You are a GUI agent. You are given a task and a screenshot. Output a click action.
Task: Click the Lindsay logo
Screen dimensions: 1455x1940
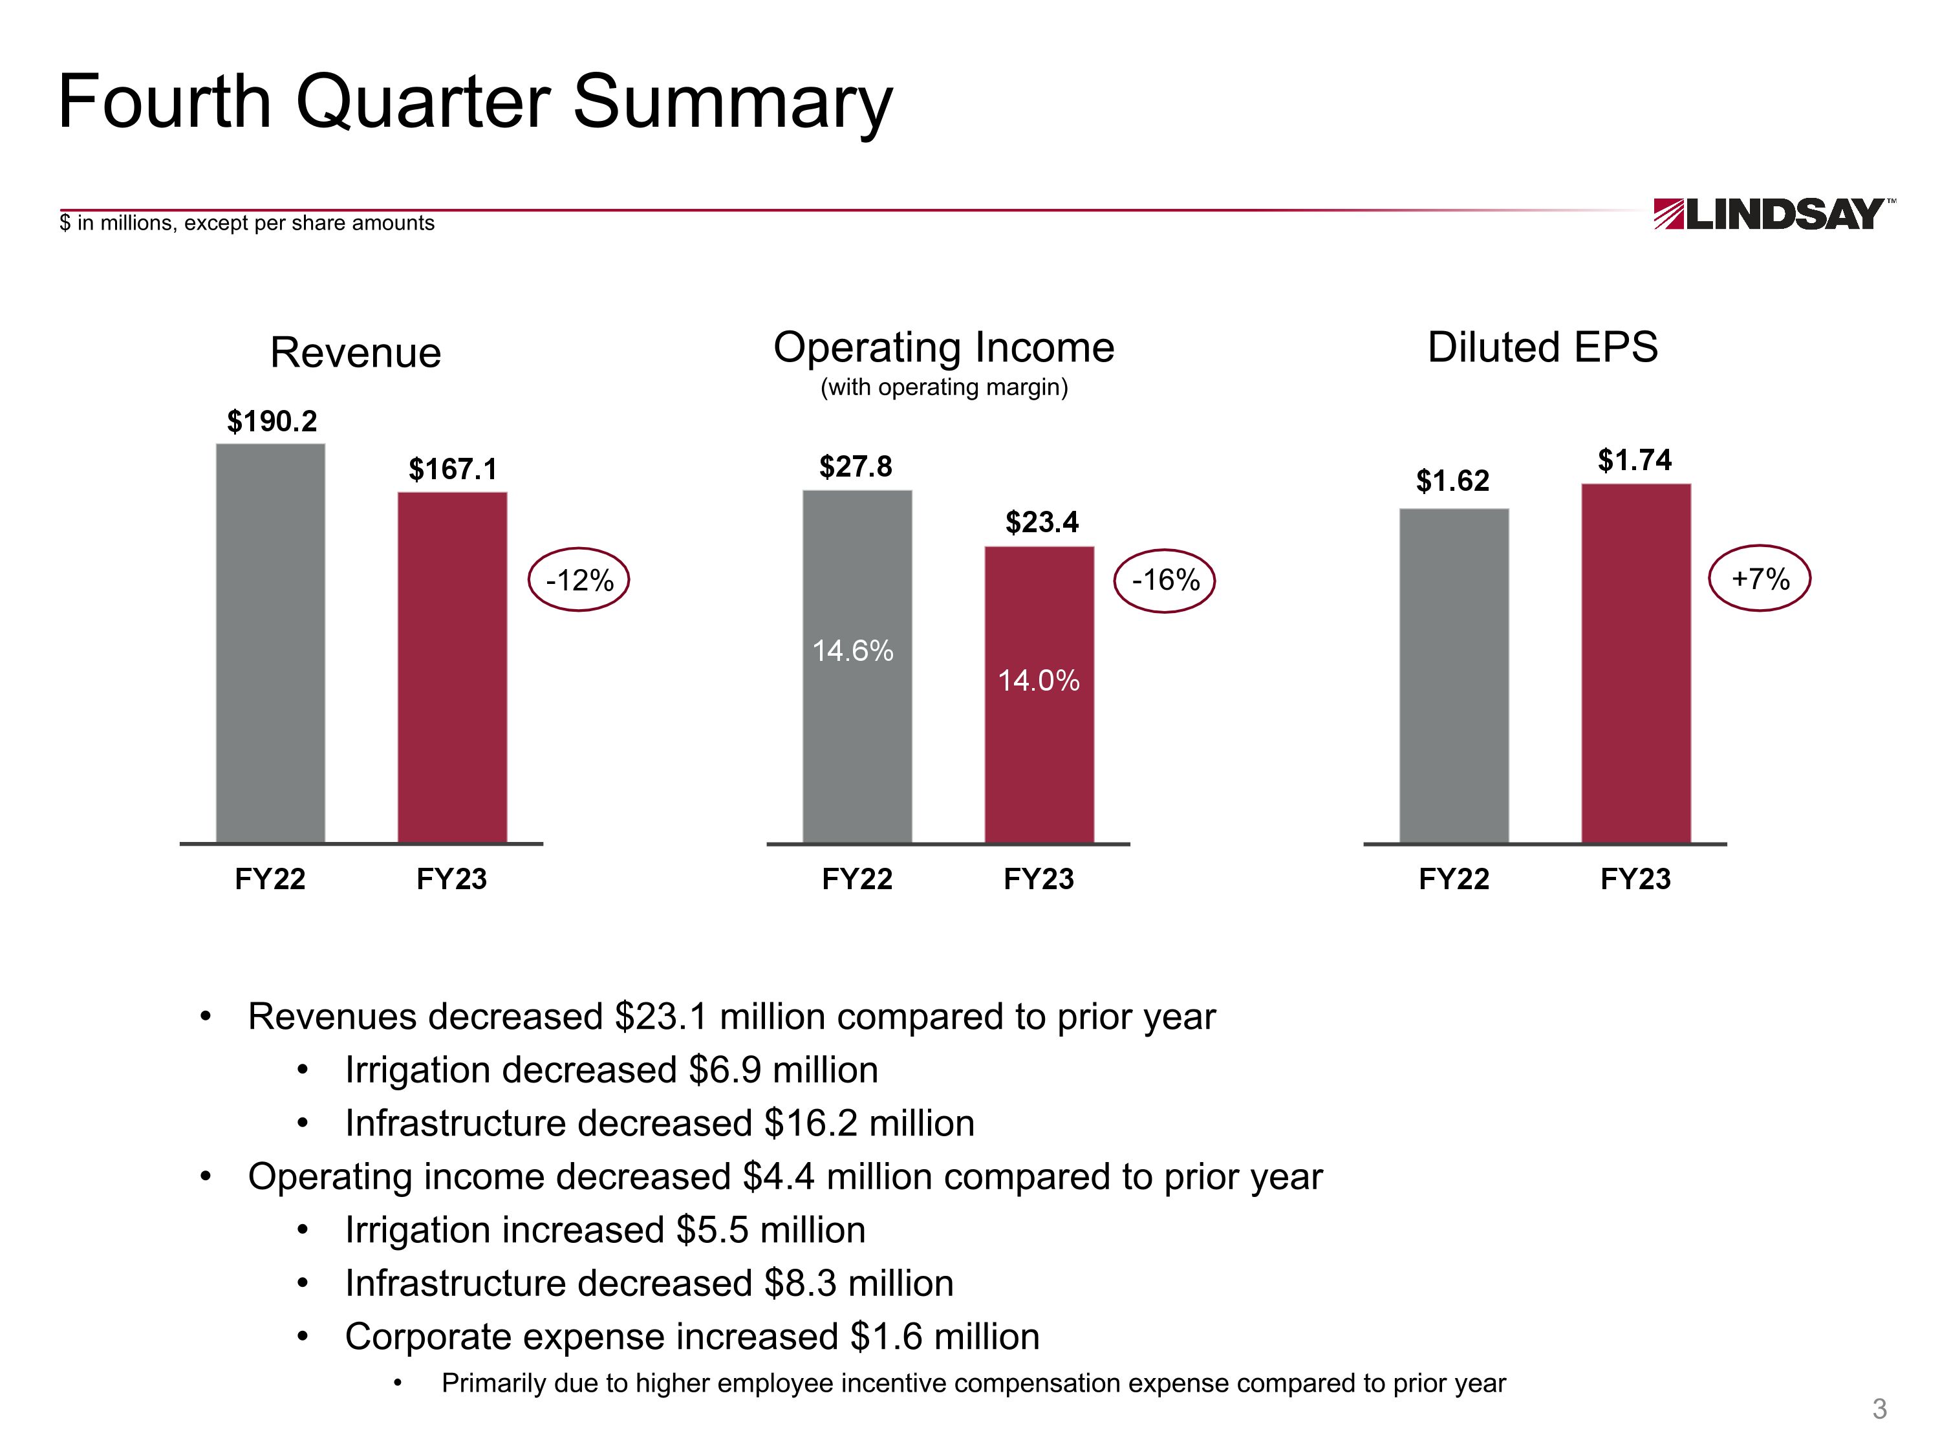pyautogui.click(x=1773, y=214)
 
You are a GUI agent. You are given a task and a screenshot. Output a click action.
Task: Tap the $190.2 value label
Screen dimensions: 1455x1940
pyautogui.click(x=272, y=422)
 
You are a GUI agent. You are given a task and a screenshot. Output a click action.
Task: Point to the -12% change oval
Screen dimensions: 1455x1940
pyautogui.click(x=579, y=579)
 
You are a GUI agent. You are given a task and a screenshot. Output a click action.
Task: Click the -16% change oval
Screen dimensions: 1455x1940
pyautogui.click(x=1165, y=579)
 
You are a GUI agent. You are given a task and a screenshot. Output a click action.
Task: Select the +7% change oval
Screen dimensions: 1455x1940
pyautogui.click(x=1760, y=579)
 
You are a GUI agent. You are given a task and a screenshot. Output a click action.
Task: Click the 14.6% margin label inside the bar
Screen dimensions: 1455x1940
pyautogui.click(x=852, y=651)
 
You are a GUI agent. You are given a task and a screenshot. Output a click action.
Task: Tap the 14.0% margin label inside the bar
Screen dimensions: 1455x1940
pyautogui.click(x=1039, y=680)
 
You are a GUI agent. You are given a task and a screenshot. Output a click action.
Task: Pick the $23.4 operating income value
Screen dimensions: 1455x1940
pyautogui.click(x=1041, y=523)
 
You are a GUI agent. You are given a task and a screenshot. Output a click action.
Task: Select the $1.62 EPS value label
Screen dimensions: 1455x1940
pyautogui.click(x=1452, y=480)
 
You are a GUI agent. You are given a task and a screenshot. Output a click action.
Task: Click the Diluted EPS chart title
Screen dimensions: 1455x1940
pyautogui.click(x=1543, y=347)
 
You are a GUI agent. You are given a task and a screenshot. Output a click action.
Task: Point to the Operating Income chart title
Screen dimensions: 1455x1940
pyautogui.click(x=943, y=347)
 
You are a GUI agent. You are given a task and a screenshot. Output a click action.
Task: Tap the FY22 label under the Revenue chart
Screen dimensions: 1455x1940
pyautogui.click(x=270, y=879)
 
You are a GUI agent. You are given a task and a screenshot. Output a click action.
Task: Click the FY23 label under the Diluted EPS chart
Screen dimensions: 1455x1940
pyautogui.click(x=1635, y=879)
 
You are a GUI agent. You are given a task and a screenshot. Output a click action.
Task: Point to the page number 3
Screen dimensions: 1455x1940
pyautogui.click(x=1879, y=1408)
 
